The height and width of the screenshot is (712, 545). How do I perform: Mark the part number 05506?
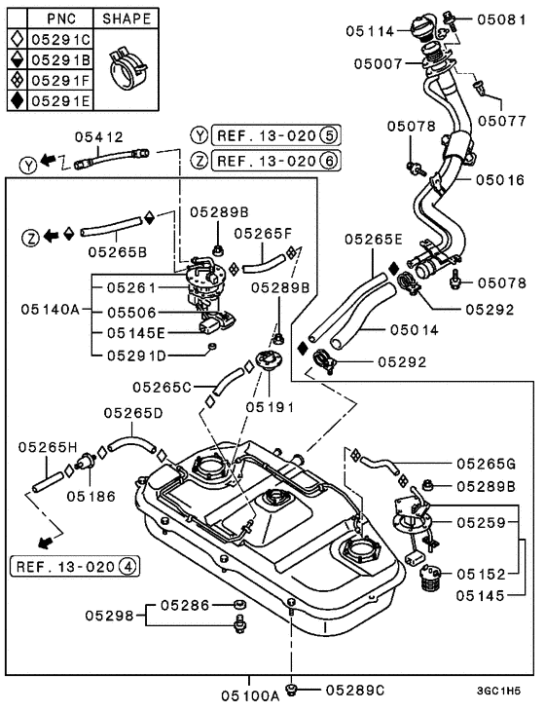coord(130,313)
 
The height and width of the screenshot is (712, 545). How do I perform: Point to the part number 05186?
coord(91,495)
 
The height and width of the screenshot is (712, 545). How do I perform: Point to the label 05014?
coord(415,330)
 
